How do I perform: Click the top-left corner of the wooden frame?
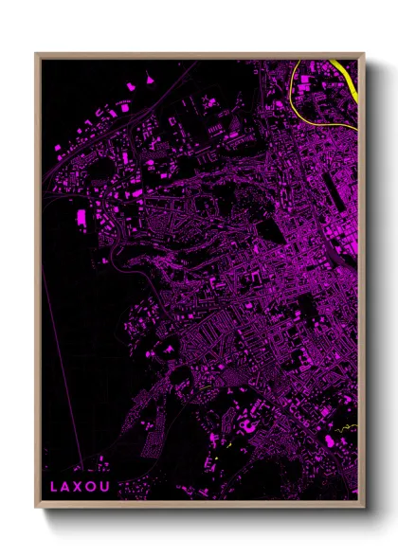click(x=36, y=53)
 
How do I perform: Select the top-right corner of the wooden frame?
click(x=364, y=53)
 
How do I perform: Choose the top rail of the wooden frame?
click(x=199, y=55)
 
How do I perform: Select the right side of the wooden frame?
click(x=362, y=284)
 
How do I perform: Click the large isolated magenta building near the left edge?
click(x=81, y=218)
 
